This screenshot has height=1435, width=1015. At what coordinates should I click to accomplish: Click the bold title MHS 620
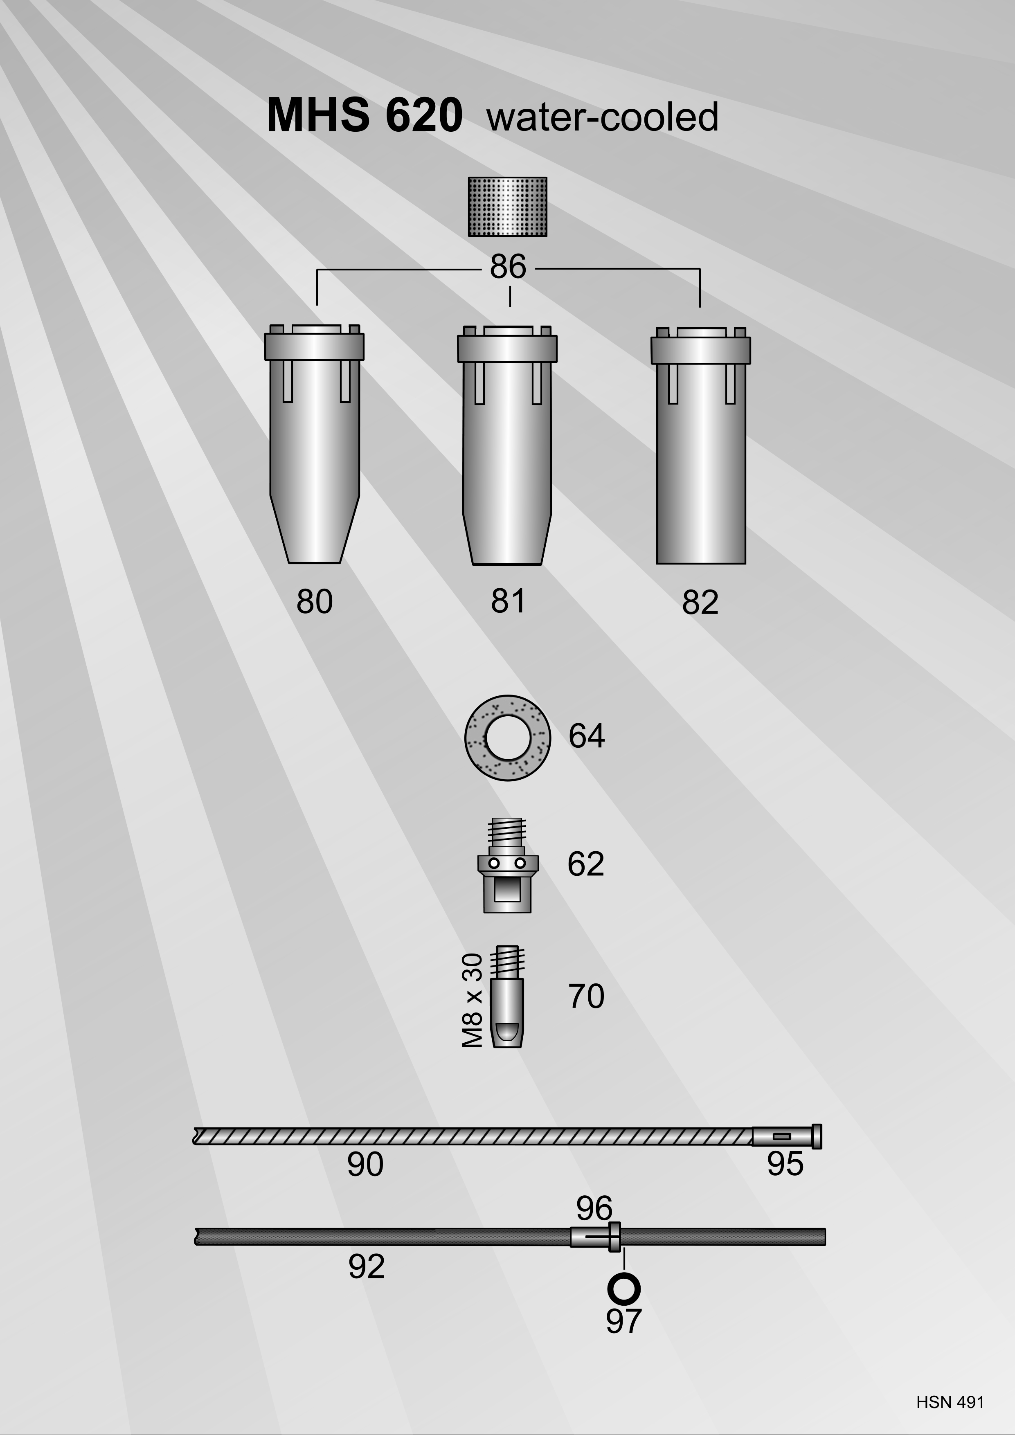(x=365, y=116)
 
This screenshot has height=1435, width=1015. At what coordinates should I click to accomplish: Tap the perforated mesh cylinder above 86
(x=507, y=207)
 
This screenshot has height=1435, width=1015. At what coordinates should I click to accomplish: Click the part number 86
(x=508, y=267)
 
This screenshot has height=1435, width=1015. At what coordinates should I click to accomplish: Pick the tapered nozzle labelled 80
(x=314, y=444)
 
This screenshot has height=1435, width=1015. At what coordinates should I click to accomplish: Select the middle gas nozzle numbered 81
(x=507, y=445)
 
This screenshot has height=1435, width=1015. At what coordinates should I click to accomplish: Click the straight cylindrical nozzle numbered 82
(x=701, y=445)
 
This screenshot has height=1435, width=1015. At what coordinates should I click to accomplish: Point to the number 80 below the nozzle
(x=314, y=601)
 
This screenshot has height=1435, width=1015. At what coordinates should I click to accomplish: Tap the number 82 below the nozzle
(x=701, y=603)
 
